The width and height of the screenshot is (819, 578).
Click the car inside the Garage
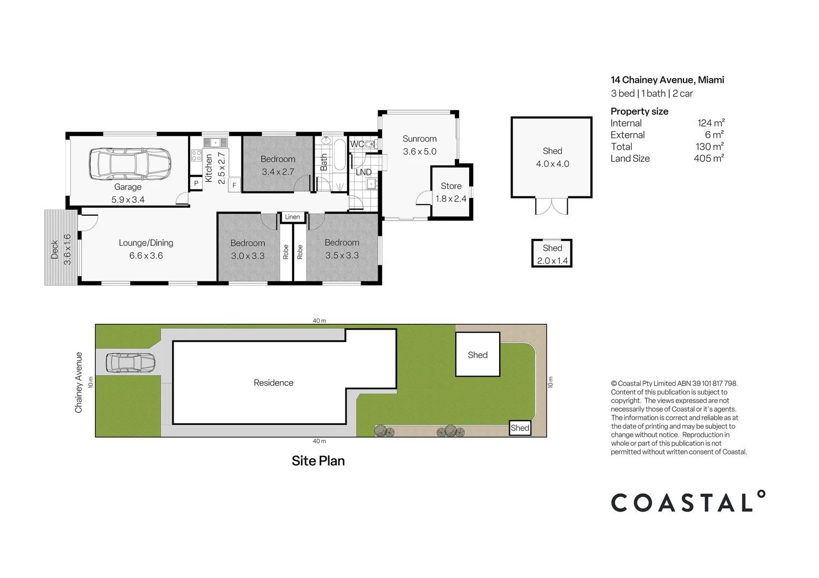click(130, 164)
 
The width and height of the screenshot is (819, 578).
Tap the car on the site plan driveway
click(131, 363)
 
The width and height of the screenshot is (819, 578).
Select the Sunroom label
click(419, 139)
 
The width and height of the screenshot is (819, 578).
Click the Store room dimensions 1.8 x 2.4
click(451, 199)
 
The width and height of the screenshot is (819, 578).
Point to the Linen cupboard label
click(292, 217)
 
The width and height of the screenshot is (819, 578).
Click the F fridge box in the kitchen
click(235, 185)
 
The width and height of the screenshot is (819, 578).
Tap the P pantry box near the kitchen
click(196, 183)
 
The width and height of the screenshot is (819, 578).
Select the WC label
click(357, 144)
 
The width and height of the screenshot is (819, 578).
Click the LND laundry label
click(363, 172)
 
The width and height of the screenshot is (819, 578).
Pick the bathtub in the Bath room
click(340, 155)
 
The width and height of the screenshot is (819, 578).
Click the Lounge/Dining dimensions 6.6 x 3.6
click(146, 255)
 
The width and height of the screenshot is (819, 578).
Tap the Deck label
click(55, 249)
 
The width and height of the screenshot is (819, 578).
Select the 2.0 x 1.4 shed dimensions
click(552, 261)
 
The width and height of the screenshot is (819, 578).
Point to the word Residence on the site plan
click(274, 383)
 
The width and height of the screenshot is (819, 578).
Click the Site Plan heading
click(318, 461)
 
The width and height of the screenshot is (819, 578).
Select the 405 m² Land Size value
click(709, 158)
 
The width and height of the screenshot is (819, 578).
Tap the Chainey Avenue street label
click(78, 383)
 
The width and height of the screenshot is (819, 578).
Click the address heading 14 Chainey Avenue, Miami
click(667, 80)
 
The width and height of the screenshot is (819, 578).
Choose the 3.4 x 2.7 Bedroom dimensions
click(278, 172)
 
